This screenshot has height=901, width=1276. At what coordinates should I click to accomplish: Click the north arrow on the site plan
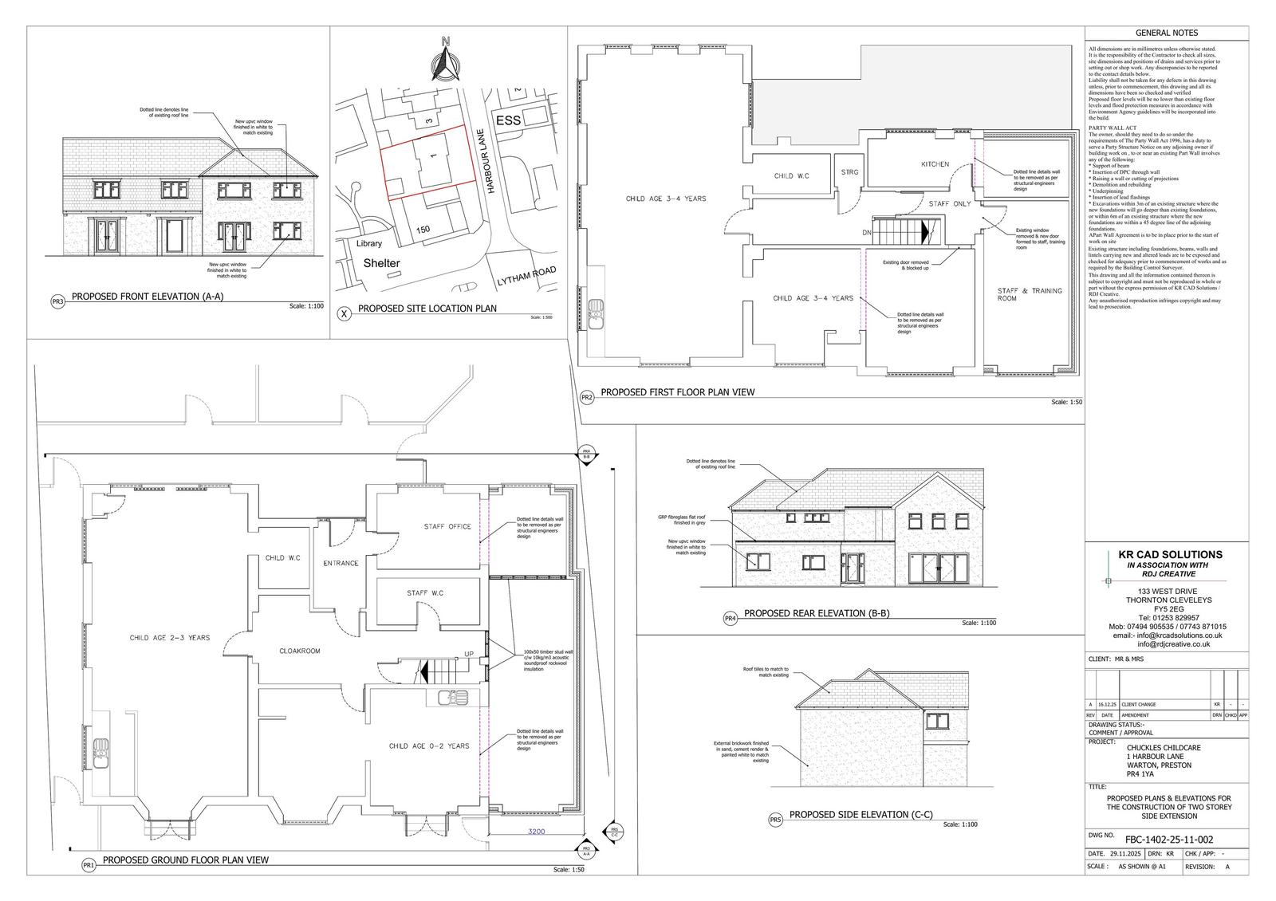point(446,60)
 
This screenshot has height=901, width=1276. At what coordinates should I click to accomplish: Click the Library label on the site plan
point(369,244)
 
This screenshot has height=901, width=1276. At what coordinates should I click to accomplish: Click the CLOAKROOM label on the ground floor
point(300,651)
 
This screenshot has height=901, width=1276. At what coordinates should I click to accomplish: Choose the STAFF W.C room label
point(425,593)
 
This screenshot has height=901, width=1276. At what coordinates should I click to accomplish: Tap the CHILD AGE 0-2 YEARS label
point(429,746)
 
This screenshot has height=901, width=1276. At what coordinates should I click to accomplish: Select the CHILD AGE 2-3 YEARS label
point(170,638)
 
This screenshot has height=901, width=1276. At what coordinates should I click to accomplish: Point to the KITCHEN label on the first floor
point(935,164)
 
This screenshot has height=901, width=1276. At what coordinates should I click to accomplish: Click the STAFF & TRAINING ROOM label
point(1030,294)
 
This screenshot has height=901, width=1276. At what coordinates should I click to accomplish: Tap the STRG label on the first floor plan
point(849,171)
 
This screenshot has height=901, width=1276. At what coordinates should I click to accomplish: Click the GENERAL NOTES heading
point(1166,33)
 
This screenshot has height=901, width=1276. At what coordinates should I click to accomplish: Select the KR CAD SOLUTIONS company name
point(1170,554)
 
